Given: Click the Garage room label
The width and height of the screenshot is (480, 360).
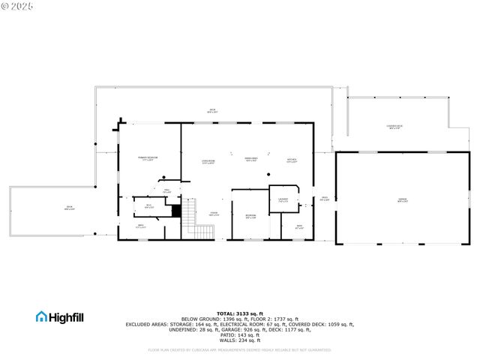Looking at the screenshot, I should tap(403, 199).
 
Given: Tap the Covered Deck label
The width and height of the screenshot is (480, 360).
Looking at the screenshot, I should tap(394, 127).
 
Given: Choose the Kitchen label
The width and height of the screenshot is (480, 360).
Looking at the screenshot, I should tap(292, 159).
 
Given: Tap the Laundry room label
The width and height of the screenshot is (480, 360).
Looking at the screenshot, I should tap(283, 200).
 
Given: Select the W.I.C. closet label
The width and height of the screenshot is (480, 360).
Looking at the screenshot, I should tap(148, 206).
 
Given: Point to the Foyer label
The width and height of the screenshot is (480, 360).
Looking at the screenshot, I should tap(214, 214).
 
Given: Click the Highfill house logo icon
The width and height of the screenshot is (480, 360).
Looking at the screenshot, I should tap(41, 317).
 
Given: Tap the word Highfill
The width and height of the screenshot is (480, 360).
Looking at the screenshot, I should tap(67, 317).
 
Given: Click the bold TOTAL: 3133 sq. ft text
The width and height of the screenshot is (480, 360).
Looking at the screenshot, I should tap(240, 313).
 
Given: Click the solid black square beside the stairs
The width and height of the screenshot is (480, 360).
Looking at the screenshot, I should tap(176, 211).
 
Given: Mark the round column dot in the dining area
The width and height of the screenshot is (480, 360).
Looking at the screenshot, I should tap(269, 175).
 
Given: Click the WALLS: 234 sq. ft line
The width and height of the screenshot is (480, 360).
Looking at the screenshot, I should tap(240, 340).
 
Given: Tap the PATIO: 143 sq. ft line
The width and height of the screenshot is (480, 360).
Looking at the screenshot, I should tap(240, 334).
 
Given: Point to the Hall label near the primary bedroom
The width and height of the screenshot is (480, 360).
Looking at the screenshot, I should tap(167, 192).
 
